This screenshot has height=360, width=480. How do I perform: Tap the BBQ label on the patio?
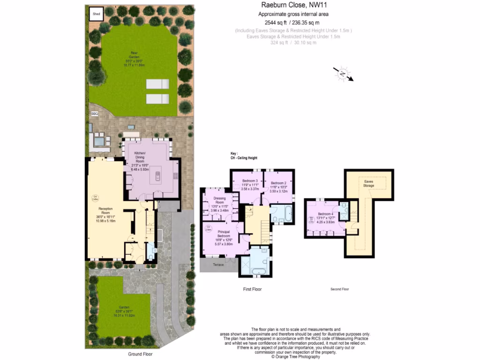(95, 113)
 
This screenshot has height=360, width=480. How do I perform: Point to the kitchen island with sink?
(157, 176)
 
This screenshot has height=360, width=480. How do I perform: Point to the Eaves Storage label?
(369, 183)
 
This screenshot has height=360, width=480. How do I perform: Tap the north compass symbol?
(343, 74)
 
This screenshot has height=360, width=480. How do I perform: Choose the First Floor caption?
(253, 289)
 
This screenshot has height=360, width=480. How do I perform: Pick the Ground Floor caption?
(140, 354)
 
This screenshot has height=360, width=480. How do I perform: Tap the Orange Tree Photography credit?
(296, 357)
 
